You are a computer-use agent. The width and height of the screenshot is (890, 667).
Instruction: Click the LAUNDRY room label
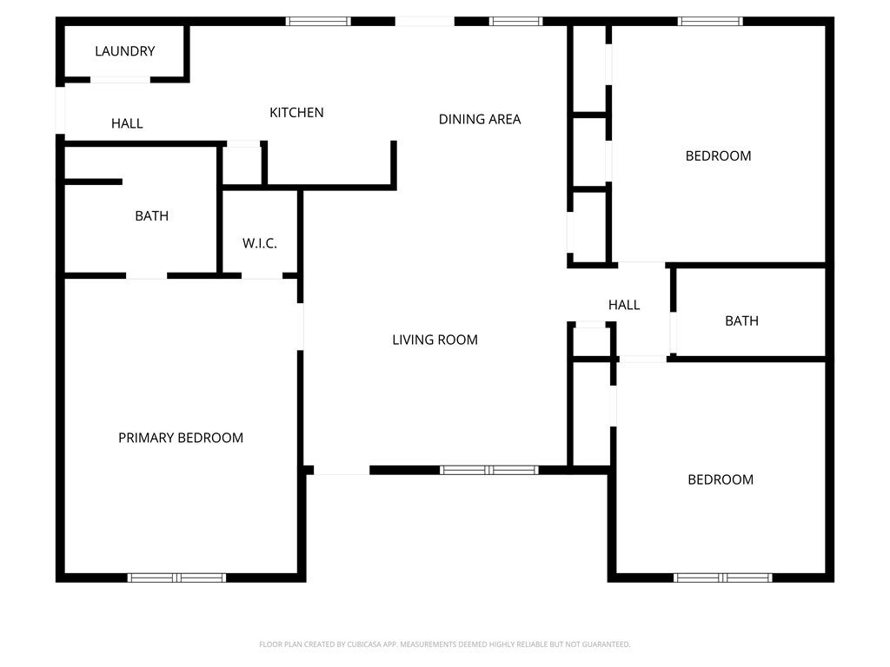124,51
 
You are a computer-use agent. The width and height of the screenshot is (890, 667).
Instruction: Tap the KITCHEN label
296,112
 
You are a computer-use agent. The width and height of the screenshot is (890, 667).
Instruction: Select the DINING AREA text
480,119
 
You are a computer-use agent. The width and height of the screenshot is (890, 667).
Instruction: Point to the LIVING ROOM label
435,340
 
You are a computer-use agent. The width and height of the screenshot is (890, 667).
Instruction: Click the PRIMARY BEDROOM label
181,438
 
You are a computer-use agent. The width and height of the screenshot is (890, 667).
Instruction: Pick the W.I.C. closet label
260,243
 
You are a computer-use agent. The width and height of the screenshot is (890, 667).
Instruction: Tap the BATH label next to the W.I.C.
151,215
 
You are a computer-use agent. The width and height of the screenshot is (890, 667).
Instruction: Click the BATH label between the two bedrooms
741,320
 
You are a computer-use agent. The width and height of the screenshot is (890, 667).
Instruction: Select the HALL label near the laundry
127,123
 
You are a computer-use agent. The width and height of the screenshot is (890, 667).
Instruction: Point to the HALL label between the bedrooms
624,305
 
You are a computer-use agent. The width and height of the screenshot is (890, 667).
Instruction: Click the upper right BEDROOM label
718,156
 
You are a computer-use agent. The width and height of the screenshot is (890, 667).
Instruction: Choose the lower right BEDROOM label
721,479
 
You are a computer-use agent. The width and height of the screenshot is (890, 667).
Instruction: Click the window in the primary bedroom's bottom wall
176,578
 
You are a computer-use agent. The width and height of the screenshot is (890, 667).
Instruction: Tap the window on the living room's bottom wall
489,470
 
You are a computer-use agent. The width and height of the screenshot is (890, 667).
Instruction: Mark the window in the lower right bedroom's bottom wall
722,578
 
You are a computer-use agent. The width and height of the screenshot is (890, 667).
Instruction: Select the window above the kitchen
319,21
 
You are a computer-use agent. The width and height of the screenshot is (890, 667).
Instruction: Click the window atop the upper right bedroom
710,21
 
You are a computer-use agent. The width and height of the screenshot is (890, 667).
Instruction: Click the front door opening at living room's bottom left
341,471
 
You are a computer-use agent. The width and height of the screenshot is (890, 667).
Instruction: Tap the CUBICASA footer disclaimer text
444,644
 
